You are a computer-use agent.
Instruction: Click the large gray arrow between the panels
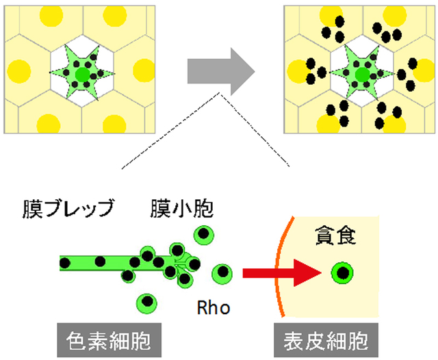pos(220,72)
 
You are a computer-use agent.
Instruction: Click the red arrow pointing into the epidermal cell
pos(282,273)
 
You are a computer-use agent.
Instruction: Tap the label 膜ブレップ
pos(68,208)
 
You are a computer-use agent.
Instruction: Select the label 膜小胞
pos(182,208)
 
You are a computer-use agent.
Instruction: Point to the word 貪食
pos(335,235)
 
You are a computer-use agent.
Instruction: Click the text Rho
pos(214,307)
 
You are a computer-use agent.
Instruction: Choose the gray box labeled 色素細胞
pos(109,340)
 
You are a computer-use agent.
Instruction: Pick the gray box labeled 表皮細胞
pos(326,340)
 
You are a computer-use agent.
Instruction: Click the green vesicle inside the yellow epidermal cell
pos(342,273)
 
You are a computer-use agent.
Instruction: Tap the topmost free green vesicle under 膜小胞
pos(204,235)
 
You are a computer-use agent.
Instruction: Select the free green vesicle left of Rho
pos(146,304)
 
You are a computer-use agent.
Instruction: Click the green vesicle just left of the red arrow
pos(222,274)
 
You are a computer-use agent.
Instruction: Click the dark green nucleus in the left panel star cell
pos(83,75)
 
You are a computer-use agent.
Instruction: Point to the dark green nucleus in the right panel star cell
pos(363,75)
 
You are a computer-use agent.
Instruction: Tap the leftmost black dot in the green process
pos(65,263)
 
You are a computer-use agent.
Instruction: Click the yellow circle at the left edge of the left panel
pos(19,71)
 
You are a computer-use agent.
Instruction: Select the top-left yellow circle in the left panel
pos(51,16)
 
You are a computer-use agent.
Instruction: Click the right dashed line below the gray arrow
pos(255,131)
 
